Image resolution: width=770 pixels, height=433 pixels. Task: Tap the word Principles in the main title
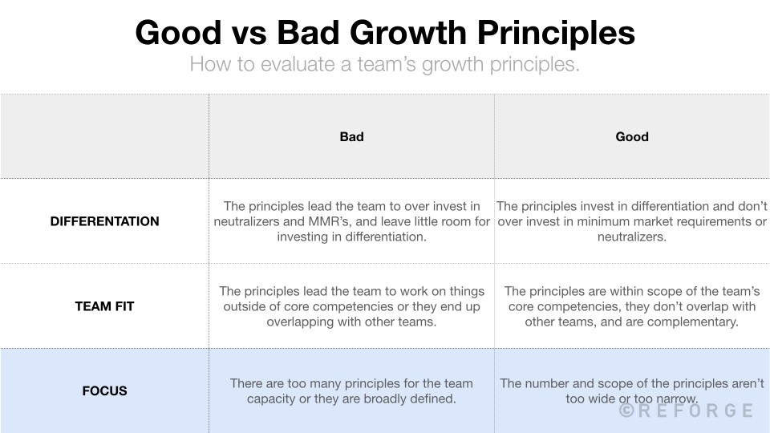(558, 34)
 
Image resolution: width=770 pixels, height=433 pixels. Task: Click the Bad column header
(351, 137)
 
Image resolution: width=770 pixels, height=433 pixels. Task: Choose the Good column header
(632, 137)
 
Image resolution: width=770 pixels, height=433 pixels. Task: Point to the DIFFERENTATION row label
(104, 221)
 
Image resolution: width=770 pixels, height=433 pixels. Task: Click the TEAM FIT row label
(104, 306)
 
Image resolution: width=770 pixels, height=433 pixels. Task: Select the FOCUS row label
(104, 391)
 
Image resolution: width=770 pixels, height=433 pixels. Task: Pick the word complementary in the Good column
(697, 322)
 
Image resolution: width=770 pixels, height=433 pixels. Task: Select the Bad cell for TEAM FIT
(351, 306)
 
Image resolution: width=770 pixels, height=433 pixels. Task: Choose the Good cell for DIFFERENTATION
(632, 221)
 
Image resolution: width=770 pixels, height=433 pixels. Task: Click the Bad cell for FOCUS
(351, 391)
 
